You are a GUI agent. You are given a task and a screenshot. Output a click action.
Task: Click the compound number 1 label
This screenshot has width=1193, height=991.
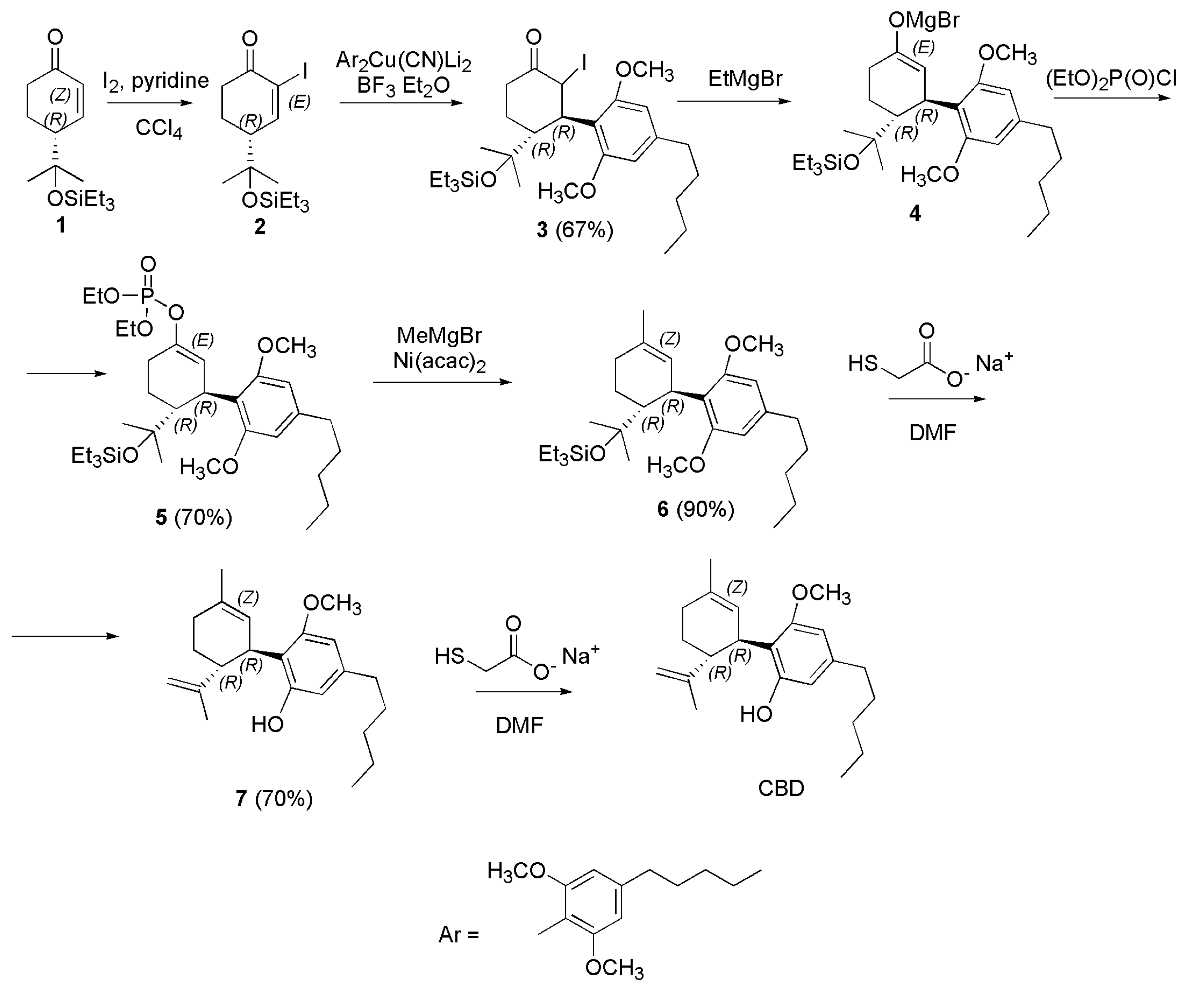point(60,226)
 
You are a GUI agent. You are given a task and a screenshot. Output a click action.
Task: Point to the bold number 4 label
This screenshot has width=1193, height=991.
point(915,213)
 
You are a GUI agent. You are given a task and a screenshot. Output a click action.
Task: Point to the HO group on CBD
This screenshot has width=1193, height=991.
point(756,714)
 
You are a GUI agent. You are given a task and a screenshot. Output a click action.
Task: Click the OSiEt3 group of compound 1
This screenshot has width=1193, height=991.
point(81,199)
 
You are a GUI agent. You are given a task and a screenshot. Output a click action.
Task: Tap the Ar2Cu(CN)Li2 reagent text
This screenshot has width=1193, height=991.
point(403,60)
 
